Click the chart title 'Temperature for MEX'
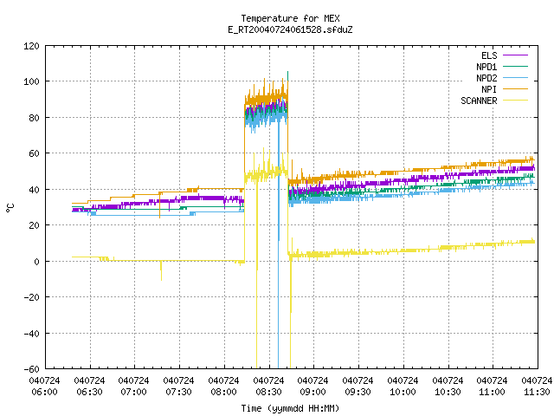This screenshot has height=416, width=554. (290, 18)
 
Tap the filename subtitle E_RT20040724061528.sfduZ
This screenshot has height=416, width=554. (290, 29)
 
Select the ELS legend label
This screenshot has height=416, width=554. (489, 55)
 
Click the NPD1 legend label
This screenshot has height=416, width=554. (486, 67)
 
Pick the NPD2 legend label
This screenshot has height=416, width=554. (486, 78)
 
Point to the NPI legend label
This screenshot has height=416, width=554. (489, 89)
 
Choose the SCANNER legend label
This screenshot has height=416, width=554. (479, 101)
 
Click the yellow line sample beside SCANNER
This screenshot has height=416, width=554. (515, 101)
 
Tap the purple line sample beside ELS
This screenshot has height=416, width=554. (515, 55)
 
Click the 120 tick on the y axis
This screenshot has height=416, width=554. (31, 46)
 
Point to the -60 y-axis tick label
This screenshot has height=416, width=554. (31, 369)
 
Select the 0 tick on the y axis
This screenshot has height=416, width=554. (36, 262)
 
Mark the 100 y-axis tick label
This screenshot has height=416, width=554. (31, 81)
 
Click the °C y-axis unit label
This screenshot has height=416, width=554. (10, 208)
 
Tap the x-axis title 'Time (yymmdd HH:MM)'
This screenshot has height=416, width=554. (290, 408)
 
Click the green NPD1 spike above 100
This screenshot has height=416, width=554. (287, 75)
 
